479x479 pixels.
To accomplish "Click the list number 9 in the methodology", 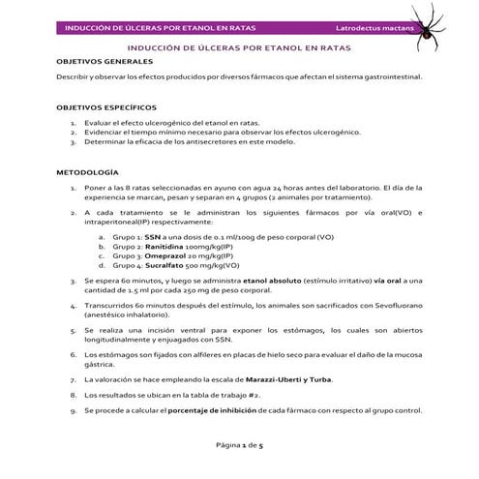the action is (x=73, y=410).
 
